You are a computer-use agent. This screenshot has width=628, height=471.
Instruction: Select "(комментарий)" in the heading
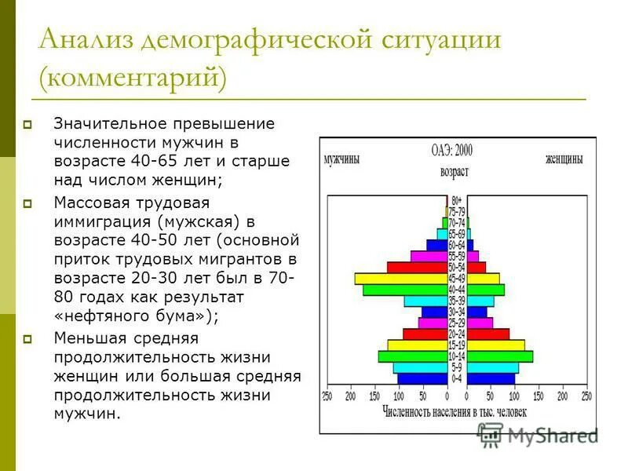tap(133, 78)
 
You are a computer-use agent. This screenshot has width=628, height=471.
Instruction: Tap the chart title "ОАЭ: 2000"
tap(452, 149)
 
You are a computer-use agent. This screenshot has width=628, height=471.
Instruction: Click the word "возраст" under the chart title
tap(455, 171)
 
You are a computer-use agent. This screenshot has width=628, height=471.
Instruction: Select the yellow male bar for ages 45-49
tap(400, 278)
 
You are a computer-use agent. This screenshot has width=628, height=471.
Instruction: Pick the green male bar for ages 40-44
tap(404, 290)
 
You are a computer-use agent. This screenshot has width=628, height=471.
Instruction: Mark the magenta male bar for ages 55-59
tap(428, 256)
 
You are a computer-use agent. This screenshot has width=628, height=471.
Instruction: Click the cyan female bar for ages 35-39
tap(480, 301)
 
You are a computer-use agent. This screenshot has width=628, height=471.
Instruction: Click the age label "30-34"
tap(457, 312)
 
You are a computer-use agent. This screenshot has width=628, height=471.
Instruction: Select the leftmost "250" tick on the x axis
tap(327, 396)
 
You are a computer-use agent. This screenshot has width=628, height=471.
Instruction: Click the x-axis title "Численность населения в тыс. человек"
tap(455, 411)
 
